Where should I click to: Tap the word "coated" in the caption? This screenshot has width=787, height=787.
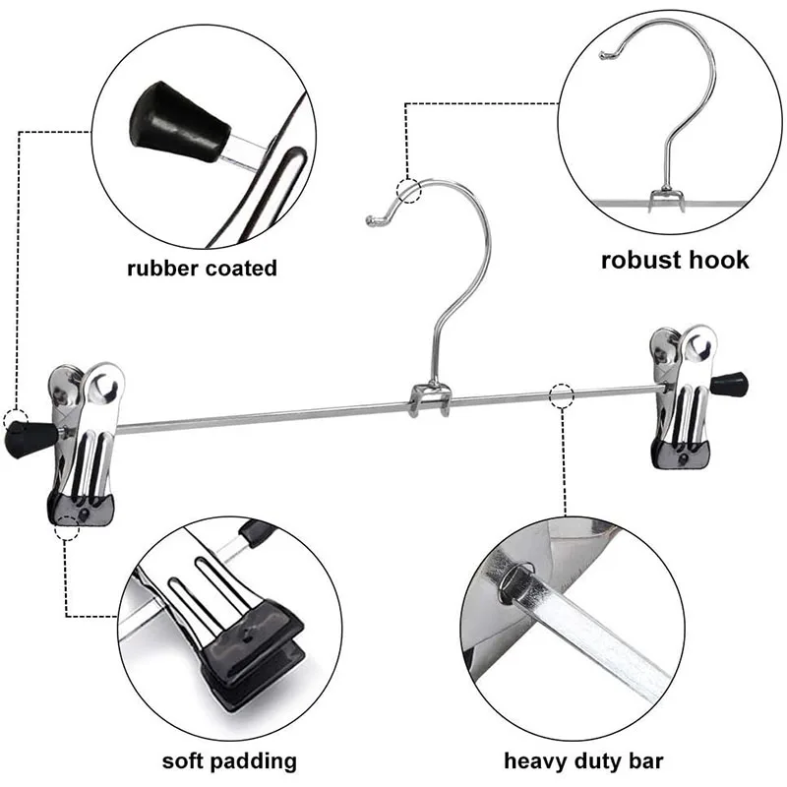coord(241,268)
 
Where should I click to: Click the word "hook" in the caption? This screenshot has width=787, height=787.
coord(719,260)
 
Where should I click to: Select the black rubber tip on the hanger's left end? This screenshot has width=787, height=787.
coord(22,429)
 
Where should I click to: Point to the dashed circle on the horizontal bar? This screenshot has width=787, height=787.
coord(562,395)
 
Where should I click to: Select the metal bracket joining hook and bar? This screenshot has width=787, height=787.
coord(431,399)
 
